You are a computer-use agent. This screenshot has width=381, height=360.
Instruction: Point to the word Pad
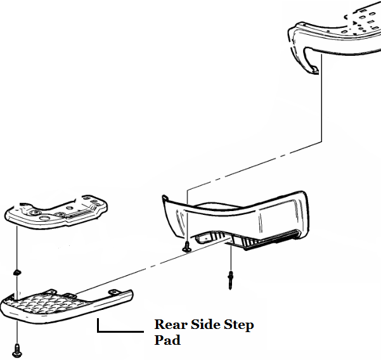(x=167, y=340)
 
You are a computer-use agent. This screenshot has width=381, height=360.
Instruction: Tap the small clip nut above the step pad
(x=16, y=273)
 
